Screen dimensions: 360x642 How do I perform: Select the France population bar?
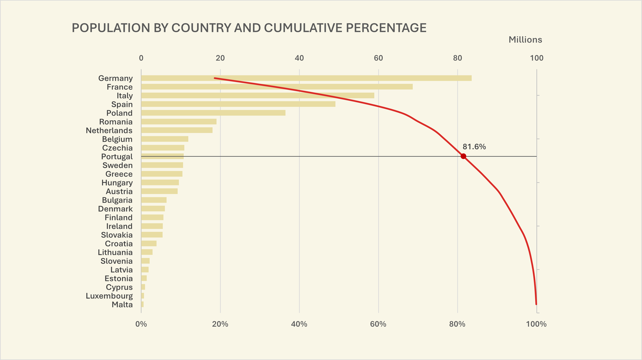[x=277, y=87]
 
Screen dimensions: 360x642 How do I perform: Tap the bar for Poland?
[x=213, y=113]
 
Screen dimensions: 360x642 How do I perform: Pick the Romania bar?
[x=179, y=122]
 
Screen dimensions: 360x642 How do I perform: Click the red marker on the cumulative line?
[x=463, y=156]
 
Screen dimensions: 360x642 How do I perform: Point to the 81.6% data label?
[x=474, y=147]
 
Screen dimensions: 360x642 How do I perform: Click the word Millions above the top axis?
[x=525, y=40]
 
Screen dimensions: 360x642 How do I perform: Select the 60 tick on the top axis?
[x=378, y=58]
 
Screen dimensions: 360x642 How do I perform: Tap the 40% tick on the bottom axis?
[x=299, y=324]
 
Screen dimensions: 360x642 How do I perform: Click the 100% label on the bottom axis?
[x=536, y=324]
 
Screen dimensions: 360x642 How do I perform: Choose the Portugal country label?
[x=117, y=157]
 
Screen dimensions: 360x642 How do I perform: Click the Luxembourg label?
[x=109, y=296]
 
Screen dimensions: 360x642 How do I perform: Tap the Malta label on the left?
[x=122, y=305]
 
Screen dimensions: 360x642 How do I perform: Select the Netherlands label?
[x=109, y=130]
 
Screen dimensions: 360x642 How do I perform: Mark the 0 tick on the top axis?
[x=141, y=58]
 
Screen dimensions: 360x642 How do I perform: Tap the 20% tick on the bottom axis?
[x=220, y=324]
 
